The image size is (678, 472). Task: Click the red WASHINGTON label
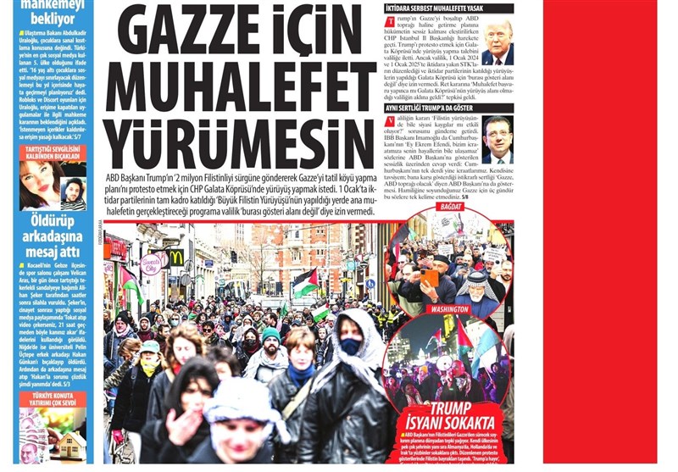point(449,309)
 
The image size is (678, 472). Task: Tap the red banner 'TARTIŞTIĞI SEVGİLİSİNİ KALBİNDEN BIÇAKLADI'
point(53,153)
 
